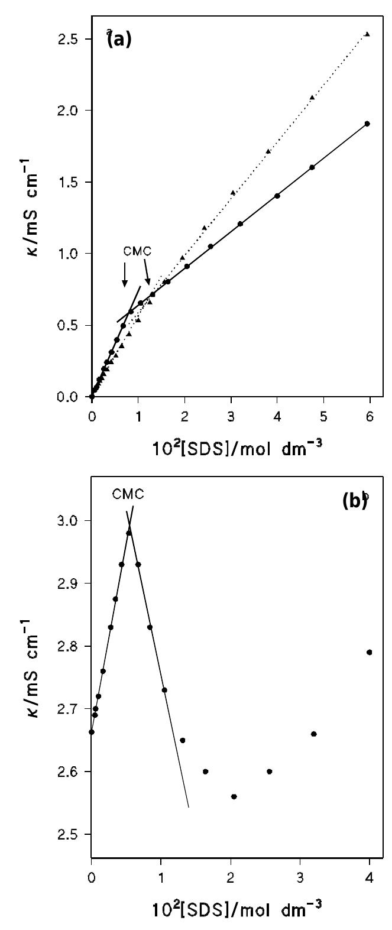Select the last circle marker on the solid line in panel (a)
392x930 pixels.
pyautogui.click(x=367, y=124)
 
